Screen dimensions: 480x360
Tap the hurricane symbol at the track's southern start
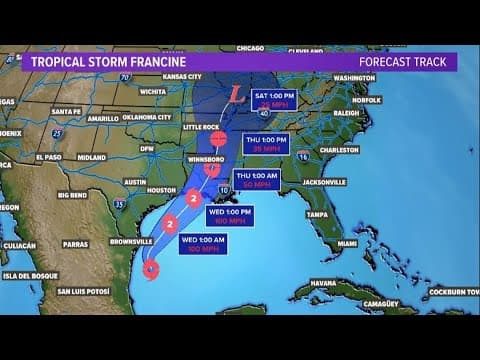coord(151,268)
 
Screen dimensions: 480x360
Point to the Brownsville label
coord(131,242)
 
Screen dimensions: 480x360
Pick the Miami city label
coord(347,243)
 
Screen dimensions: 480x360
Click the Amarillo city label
coord(103,118)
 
